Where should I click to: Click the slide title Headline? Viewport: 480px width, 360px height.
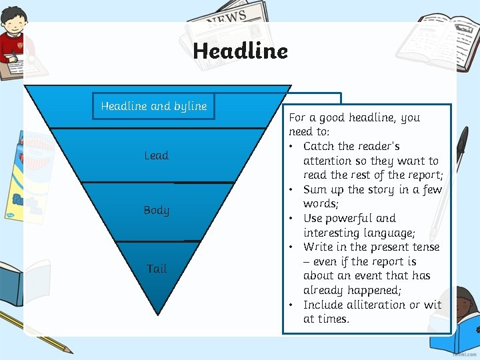pyautogui.click(x=240, y=51)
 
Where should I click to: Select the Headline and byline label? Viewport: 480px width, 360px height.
pyautogui.click(x=154, y=106)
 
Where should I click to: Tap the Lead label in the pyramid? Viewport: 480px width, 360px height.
pyautogui.click(x=157, y=155)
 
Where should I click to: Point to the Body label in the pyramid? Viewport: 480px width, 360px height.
pyautogui.click(x=157, y=210)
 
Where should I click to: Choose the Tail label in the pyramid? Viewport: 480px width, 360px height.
pyautogui.click(x=157, y=269)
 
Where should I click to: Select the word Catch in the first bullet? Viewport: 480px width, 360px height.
pyautogui.click(x=318, y=146)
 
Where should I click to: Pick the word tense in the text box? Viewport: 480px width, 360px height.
pyautogui.click(x=424, y=247)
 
